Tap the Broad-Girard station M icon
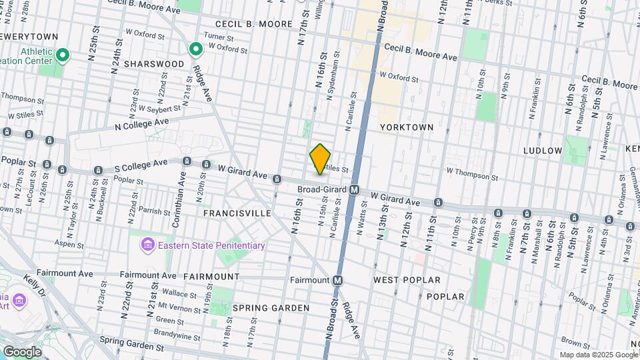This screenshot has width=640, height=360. pyautogui.click(x=355, y=189)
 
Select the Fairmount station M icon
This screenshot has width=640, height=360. pyautogui.click(x=338, y=280)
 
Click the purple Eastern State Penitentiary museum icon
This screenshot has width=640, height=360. pyautogui.click(x=146, y=245)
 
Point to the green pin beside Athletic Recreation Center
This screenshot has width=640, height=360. pyautogui.click(x=62, y=55)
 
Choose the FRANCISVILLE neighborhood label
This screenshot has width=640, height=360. pyautogui.click(x=237, y=213)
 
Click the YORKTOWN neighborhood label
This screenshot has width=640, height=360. pyautogui.click(x=407, y=127)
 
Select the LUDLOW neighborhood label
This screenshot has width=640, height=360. pyautogui.click(x=543, y=151)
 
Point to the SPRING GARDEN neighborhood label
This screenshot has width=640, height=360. pyautogui.click(x=271, y=308)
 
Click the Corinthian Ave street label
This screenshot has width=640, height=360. pyautogui.click(x=181, y=190)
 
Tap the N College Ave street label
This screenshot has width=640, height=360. pyautogui.click(x=142, y=124)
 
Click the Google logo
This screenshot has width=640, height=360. pyautogui.click(x=22, y=351)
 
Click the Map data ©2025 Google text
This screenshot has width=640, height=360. pyautogui.click(x=598, y=355)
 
